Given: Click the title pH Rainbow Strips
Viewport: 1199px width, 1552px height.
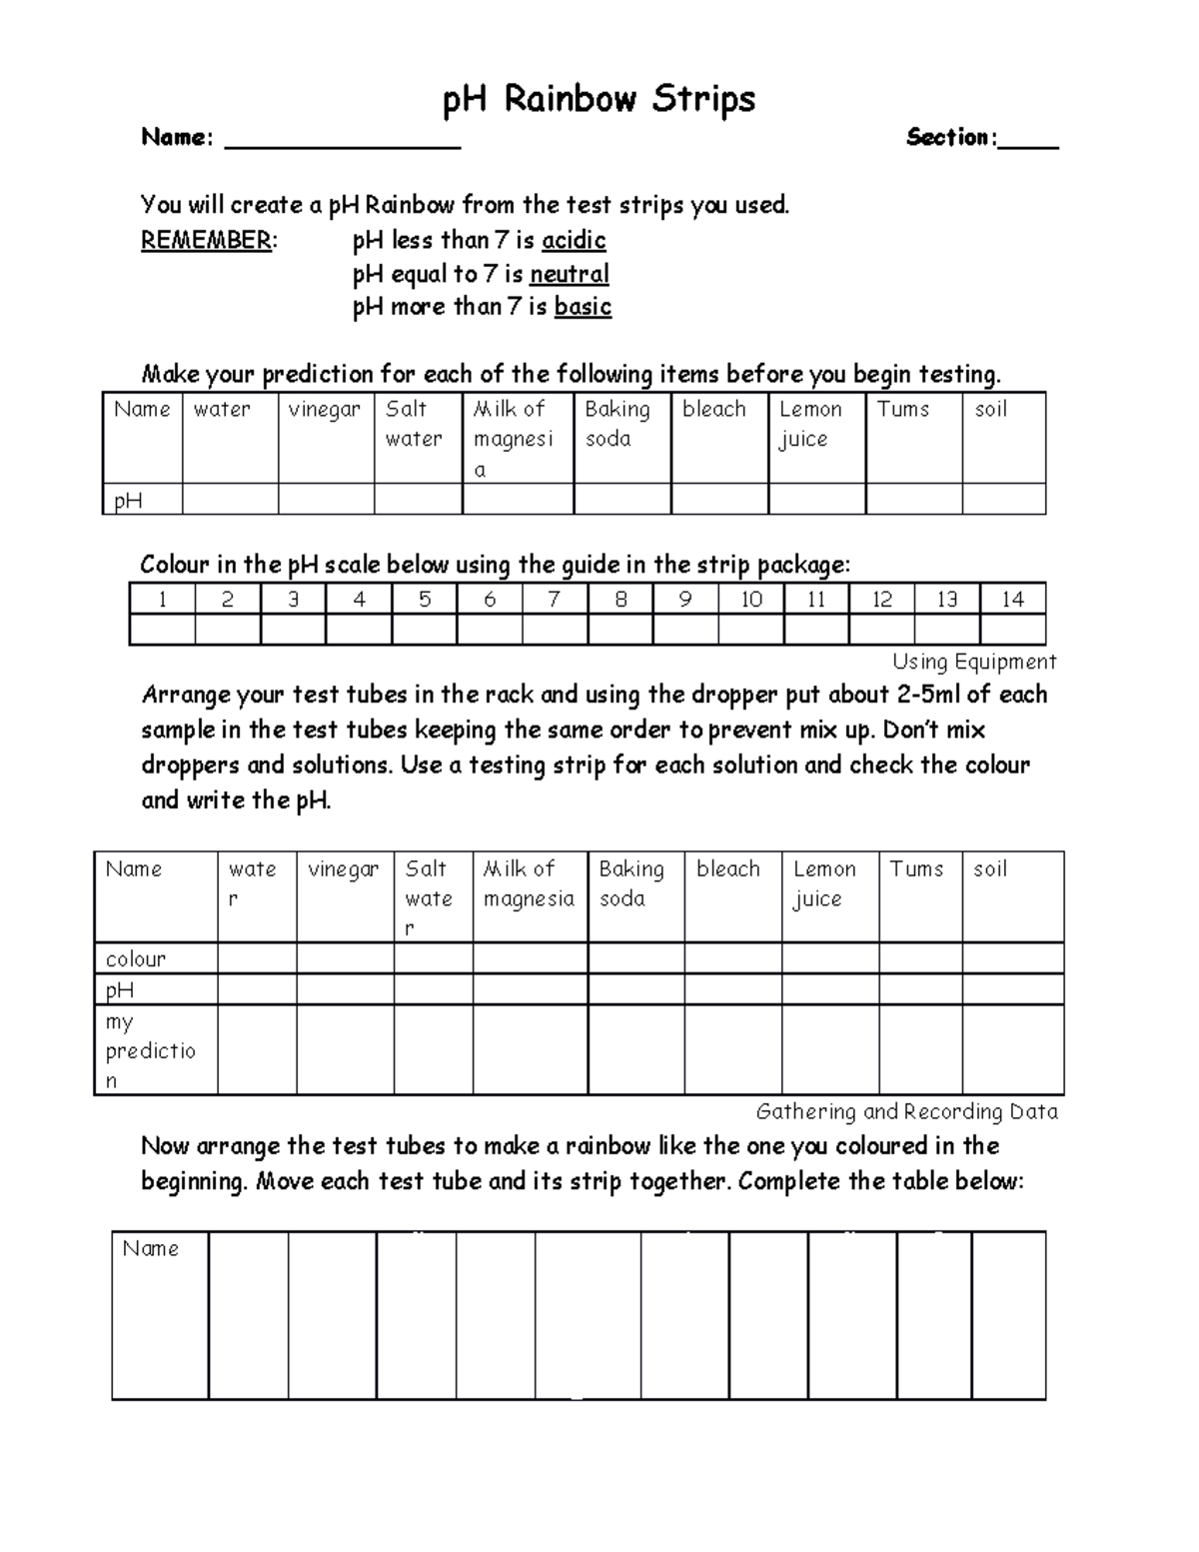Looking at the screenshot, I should [x=599, y=100].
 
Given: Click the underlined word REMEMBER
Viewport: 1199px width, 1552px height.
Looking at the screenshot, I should [x=206, y=241].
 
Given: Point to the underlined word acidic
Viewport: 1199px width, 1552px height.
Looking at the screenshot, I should [x=574, y=241].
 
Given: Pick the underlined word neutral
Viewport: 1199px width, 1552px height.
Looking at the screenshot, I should [x=569, y=274].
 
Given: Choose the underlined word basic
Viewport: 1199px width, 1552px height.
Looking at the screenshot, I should [x=583, y=307].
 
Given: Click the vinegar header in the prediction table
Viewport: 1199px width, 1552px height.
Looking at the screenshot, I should [x=324, y=409].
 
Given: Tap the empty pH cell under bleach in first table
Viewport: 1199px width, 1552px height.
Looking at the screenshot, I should [x=719, y=499].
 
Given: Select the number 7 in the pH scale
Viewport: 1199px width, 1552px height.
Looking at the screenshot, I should [x=555, y=599].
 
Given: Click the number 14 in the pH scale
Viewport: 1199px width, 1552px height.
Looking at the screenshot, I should [x=1012, y=599].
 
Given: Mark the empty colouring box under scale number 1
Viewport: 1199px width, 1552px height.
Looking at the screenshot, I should [x=162, y=630].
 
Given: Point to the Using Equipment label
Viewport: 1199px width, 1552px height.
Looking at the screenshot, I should [x=974, y=662].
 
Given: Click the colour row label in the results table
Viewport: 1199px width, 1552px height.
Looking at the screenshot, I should [x=136, y=959].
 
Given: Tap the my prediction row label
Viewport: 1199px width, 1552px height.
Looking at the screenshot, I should [x=150, y=1050].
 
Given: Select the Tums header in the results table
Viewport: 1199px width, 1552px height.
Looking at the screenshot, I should [x=916, y=868].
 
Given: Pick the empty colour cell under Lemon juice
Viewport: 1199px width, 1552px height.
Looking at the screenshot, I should [x=829, y=958].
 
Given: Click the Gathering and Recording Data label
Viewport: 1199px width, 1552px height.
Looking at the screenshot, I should [x=906, y=1111].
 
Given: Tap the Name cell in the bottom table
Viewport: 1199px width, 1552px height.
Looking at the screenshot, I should [x=151, y=1248].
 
